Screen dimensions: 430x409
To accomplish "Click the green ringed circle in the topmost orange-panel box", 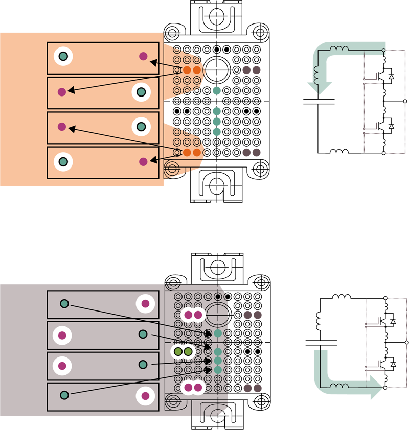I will [63, 57].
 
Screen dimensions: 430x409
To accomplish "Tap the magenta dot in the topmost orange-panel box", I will [143, 56].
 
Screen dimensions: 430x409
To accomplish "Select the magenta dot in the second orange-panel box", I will [62, 92].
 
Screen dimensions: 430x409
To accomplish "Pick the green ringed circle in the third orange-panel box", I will [141, 126].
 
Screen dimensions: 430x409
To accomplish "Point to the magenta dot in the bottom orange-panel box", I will [143, 161].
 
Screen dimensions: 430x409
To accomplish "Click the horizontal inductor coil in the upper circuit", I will [339, 49].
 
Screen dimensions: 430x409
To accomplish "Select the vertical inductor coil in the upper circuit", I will [316, 76].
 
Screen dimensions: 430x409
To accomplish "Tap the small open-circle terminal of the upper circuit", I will [383, 51].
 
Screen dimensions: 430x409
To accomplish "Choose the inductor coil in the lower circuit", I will [339, 386].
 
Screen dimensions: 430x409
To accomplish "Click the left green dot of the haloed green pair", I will [178, 351].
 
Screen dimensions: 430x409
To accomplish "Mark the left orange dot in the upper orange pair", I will [187, 69].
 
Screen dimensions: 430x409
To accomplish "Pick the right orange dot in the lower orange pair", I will [197, 152].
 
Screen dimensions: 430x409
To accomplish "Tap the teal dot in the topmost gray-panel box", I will [64, 303].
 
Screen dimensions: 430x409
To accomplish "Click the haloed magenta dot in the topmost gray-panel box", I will [145, 304].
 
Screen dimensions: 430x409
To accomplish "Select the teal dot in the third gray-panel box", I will [143, 364].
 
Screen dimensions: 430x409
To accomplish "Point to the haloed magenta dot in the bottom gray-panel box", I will [145, 395].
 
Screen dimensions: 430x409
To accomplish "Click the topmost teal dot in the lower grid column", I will [218, 333].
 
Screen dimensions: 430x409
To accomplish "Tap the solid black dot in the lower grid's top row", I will [218, 296].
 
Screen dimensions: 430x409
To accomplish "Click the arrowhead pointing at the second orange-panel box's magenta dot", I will [71, 91].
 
